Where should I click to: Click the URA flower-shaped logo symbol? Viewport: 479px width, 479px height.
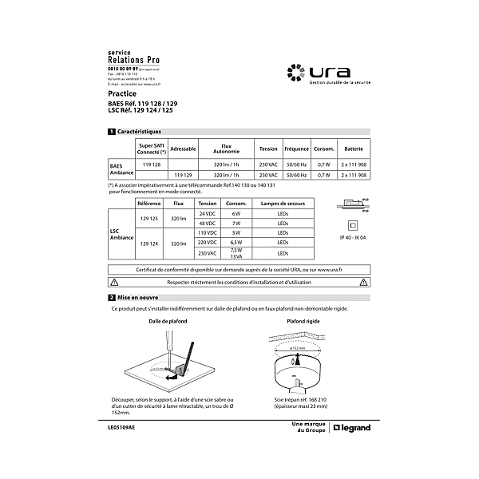click(296, 72)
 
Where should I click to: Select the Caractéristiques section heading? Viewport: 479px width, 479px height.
click(139, 131)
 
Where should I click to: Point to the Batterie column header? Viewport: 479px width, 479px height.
click(353, 149)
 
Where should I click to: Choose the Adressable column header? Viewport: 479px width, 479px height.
click(184, 149)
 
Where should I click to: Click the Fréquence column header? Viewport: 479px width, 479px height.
click(296, 149)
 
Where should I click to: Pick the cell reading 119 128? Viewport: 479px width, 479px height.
click(152, 164)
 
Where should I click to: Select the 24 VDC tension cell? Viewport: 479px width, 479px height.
click(208, 215)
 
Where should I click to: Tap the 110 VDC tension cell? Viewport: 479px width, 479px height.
click(208, 233)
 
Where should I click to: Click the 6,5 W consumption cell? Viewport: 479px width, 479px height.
click(236, 242)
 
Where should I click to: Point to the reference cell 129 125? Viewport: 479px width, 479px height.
click(150, 219)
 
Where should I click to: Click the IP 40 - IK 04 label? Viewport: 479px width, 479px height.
click(352, 238)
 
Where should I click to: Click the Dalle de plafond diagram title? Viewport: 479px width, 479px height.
click(168, 321)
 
